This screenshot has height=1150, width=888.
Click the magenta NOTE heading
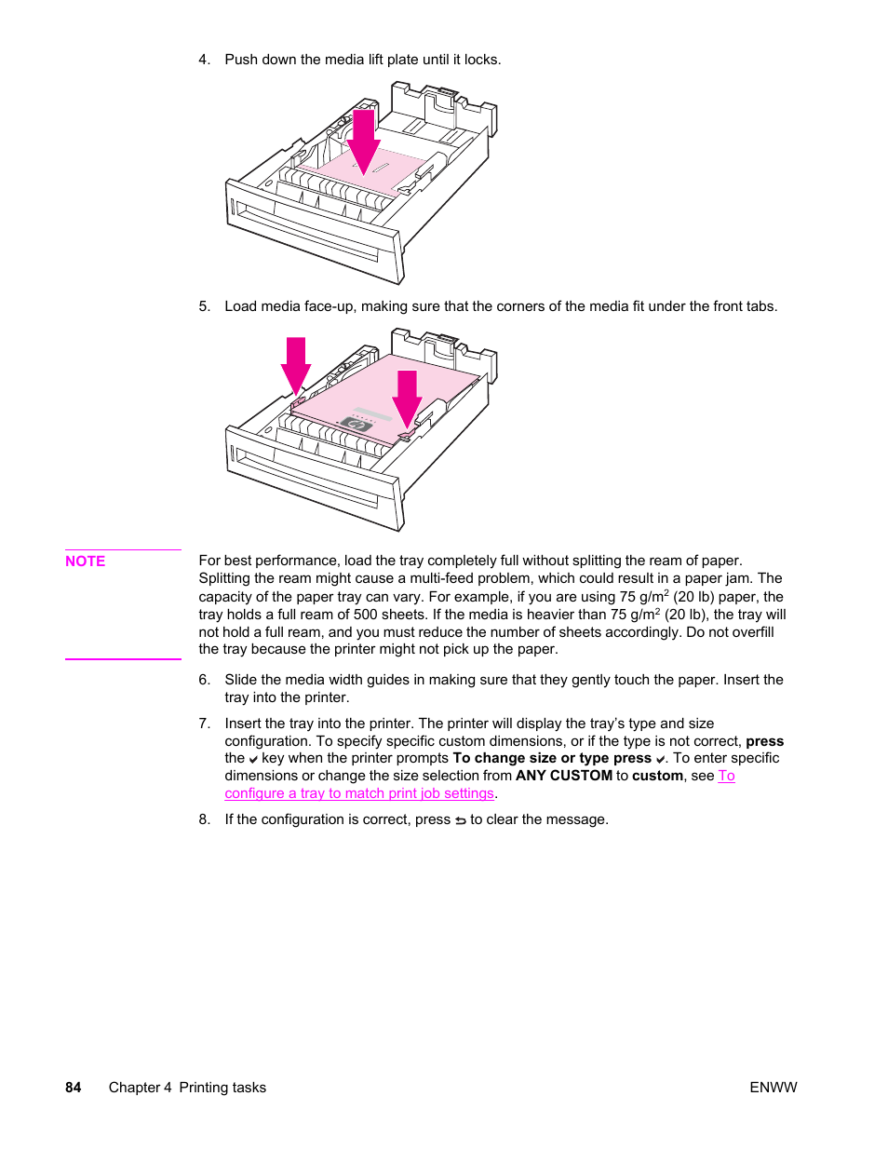click(x=85, y=561)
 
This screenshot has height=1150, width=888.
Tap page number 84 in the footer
click(x=74, y=1087)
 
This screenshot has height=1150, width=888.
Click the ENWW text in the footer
click(x=773, y=1087)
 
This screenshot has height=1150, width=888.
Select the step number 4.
click(x=204, y=60)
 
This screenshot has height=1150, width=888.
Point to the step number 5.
click(x=204, y=306)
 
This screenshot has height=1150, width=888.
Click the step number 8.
click(x=204, y=819)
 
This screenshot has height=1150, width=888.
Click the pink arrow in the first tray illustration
click(x=363, y=140)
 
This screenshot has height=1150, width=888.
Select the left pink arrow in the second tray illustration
click(x=296, y=365)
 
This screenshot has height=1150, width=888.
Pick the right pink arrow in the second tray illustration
click(x=407, y=398)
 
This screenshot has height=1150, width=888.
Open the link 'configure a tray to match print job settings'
click(x=359, y=793)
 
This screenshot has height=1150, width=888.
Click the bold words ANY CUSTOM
click(x=564, y=776)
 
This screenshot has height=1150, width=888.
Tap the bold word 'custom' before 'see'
click(x=657, y=776)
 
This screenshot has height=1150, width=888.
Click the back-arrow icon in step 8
click(x=460, y=820)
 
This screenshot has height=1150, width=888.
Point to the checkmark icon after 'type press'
click(x=660, y=759)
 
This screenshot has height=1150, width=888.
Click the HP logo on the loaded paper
click(x=357, y=424)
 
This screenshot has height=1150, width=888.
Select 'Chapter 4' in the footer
click(x=140, y=1087)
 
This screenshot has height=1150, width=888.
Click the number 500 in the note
click(x=366, y=615)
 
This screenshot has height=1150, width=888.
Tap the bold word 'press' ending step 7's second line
click(x=764, y=741)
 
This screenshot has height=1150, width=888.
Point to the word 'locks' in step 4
click(x=480, y=60)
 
